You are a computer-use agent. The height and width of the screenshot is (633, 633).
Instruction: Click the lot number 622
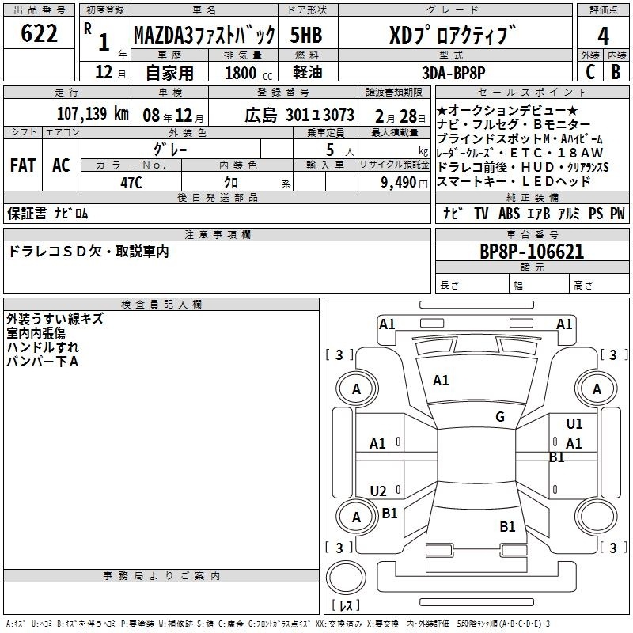tap(39, 33)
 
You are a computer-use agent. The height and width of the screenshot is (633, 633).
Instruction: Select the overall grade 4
tap(603, 36)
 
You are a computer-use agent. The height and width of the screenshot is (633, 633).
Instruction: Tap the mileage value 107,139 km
tap(93, 114)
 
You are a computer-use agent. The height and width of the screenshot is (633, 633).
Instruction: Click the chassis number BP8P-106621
tap(532, 252)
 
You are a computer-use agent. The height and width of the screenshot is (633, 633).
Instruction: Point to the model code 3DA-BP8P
tap(453, 73)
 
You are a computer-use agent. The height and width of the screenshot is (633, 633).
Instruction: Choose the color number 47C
tap(131, 183)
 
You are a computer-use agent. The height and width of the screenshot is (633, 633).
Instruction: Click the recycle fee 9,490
tap(399, 183)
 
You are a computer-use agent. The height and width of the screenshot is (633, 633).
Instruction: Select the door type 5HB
tap(306, 35)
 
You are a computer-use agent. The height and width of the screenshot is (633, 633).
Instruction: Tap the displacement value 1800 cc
tap(248, 73)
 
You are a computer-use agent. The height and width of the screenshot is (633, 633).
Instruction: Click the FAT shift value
tap(23, 165)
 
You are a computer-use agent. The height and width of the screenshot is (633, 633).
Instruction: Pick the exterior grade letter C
tap(590, 72)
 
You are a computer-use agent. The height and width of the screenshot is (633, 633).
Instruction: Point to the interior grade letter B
tap(616, 72)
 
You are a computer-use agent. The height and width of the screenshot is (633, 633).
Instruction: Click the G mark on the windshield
tap(500, 416)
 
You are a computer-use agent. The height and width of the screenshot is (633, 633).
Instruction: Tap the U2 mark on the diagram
tap(378, 491)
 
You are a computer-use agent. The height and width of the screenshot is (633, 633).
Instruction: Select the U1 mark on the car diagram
tap(574, 423)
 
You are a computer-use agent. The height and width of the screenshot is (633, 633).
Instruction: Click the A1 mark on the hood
tap(441, 381)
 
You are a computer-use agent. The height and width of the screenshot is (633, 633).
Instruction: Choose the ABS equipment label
tap(509, 213)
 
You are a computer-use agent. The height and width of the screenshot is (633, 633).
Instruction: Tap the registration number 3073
tap(339, 115)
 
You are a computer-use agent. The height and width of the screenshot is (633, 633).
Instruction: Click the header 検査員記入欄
tap(161, 305)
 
